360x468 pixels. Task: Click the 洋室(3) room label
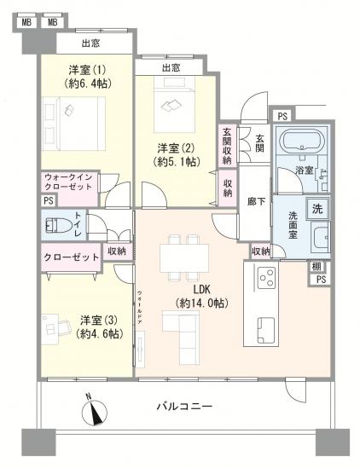tap(101, 326)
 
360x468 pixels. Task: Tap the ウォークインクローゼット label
tap(72, 183)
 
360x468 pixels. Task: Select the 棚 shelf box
tap(317, 268)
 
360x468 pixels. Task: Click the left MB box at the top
tap(26, 20)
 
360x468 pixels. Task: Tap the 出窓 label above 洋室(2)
tap(170, 68)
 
